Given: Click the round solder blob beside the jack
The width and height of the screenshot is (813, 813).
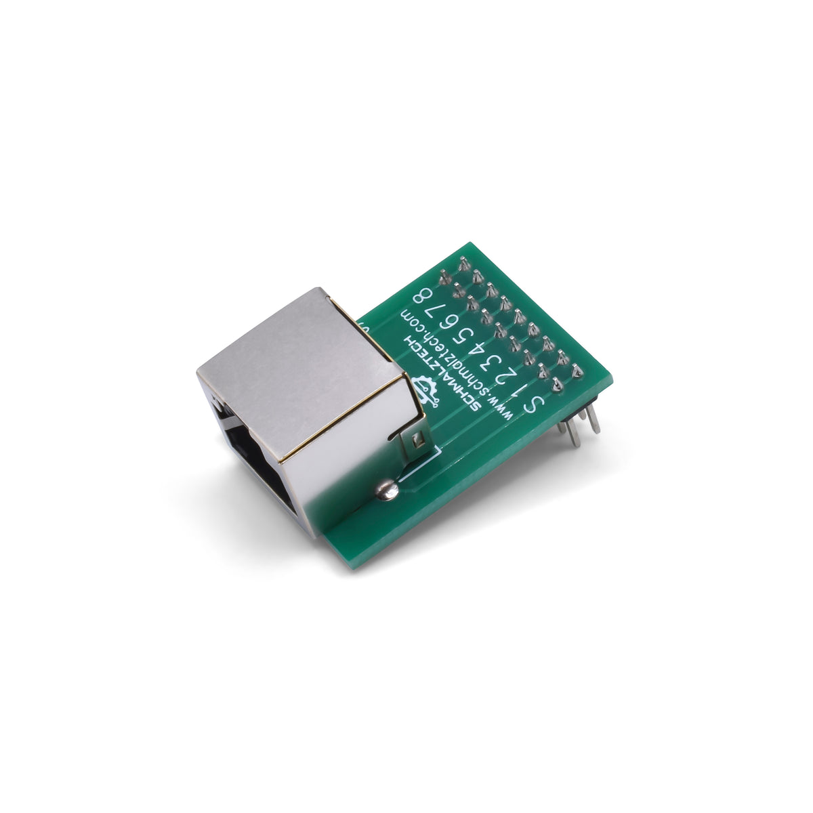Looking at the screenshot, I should click(384, 490).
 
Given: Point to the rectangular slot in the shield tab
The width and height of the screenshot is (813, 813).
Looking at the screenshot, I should click(418, 442).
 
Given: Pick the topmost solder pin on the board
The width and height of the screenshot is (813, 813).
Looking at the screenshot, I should click(464, 262).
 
